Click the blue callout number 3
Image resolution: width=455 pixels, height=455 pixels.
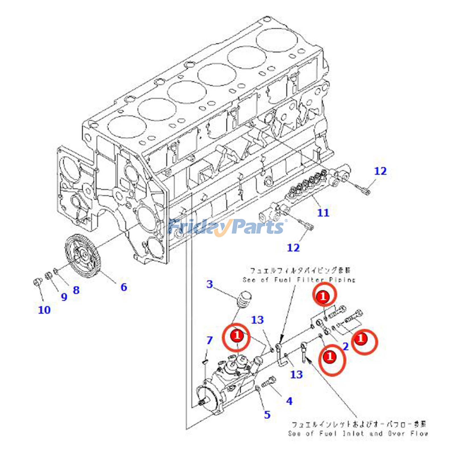point(210,284)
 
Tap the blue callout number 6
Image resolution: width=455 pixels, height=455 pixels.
point(124,287)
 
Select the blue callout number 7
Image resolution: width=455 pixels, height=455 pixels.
point(210,340)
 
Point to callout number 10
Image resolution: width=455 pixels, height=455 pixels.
point(44,310)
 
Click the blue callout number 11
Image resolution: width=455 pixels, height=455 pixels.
point(323,212)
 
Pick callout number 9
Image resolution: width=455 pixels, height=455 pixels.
point(64,297)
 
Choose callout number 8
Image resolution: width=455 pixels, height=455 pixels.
point(76,290)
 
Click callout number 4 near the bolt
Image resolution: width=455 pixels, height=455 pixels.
point(289,401)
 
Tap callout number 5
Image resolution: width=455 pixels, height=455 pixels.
point(267,415)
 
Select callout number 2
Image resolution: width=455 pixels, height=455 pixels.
point(346,346)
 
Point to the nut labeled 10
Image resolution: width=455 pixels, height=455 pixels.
point(37,282)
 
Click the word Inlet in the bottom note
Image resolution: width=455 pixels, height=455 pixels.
point(353,434)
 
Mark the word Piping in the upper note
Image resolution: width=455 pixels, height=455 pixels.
point(342,280)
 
